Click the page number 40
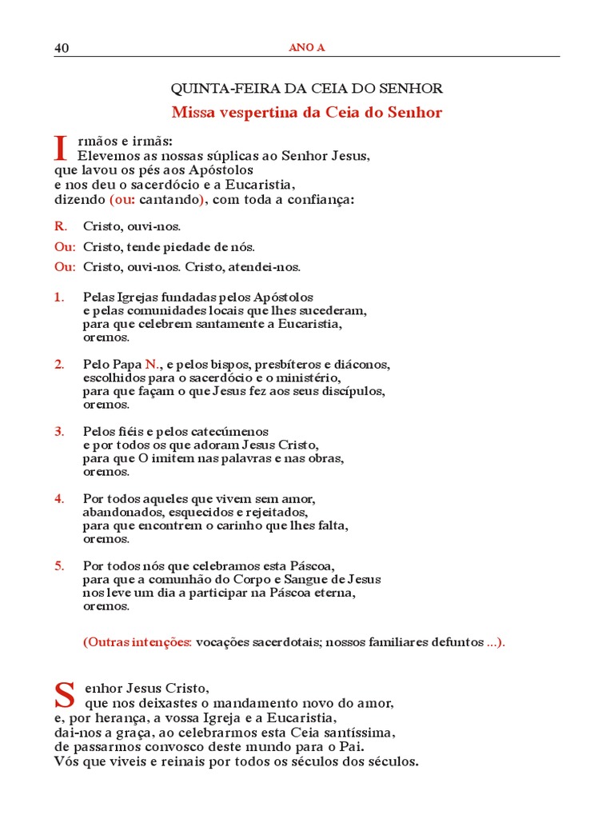pos(62,48)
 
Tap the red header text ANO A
pos(306,48)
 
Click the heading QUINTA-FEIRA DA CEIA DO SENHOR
pos(307,89)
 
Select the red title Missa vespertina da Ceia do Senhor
pos(307,113)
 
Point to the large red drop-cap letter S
pos(65,695)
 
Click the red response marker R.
pos(61,226)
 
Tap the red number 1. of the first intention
pos(59,298)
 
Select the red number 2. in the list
pos(59,365)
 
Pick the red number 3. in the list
pos(59,432)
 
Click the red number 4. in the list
pos(59,499)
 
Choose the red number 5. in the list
pos(59,566)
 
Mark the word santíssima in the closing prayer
pos(358,733)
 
